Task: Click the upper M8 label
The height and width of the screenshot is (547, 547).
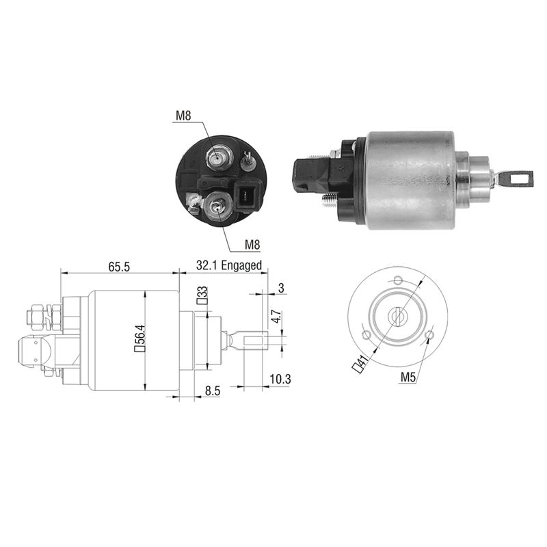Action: point(183,116)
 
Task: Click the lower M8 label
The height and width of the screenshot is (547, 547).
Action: point(252,245)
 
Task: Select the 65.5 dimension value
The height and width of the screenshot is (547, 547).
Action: point(119,267)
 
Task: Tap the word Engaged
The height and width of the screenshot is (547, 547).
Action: point(241,265)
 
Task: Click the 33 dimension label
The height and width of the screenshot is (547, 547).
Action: point(202,296)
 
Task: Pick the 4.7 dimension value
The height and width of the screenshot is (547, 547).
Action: point(276,316)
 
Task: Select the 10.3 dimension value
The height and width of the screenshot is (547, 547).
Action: point(280,379)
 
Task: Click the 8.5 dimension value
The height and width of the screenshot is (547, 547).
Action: point(213,390)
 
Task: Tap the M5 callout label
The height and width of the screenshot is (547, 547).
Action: point(408,377)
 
